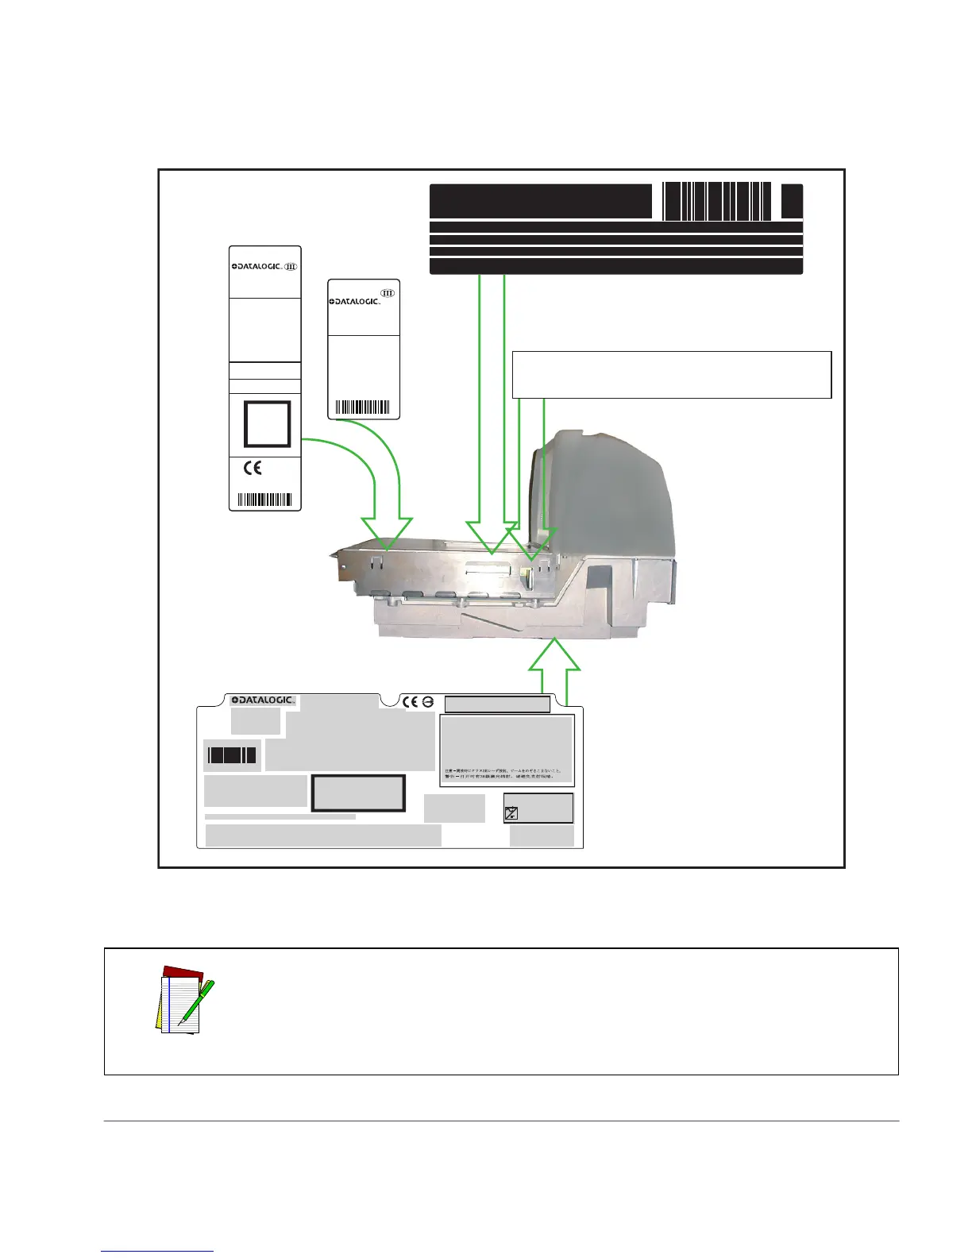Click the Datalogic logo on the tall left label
[256, 267]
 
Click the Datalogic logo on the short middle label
[355, 302]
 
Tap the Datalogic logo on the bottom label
[263, 700]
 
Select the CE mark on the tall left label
[253, 469]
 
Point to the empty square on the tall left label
[267, 424]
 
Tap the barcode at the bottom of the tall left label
[265, 500]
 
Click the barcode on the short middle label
[363, 408]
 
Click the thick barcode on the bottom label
[232, 754]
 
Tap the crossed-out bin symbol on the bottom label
[512, 812]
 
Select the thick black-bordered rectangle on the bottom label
[358, 793]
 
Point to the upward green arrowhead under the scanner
[555, 658]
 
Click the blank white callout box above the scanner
[672, 374]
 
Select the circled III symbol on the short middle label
[388, 292]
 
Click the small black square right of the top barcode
[792, 201]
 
